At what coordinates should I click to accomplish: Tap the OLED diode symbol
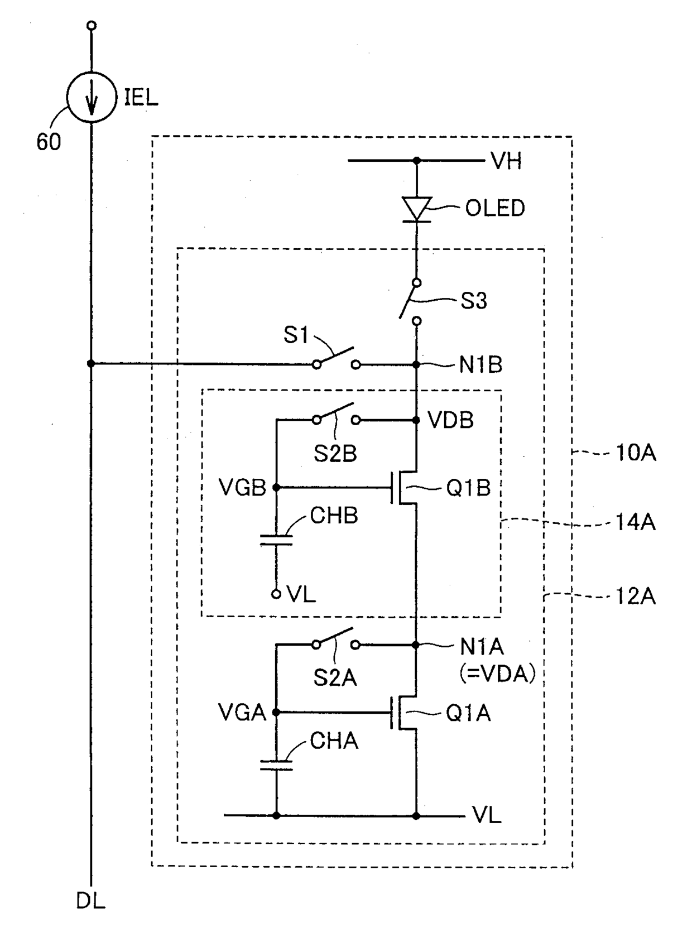(417, 209)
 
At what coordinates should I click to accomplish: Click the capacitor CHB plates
(276, 540)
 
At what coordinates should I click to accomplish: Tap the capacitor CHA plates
(276, 764)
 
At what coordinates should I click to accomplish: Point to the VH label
(506, 161)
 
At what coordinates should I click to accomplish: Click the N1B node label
(480, 364)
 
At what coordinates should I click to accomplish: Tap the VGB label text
(242, 488)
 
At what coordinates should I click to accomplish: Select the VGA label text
(242, 713)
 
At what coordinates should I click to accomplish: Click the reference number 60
(49, 142)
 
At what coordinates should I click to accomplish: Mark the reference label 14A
(635, 522)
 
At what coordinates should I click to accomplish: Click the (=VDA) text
(497, 674)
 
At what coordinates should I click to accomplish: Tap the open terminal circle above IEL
(92, 26)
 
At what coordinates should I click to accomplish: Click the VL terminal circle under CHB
(276, 594)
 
